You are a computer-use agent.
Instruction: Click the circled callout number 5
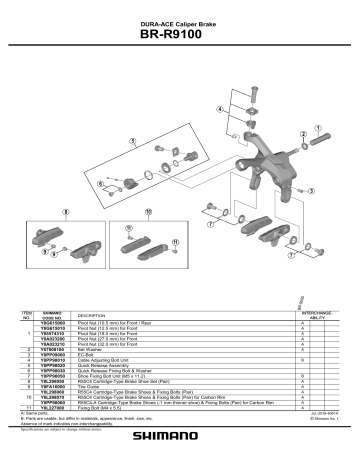pyautogui.click(x=132, y=143)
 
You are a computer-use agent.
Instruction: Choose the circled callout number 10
pyautogui.click(x=147, y=213)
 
